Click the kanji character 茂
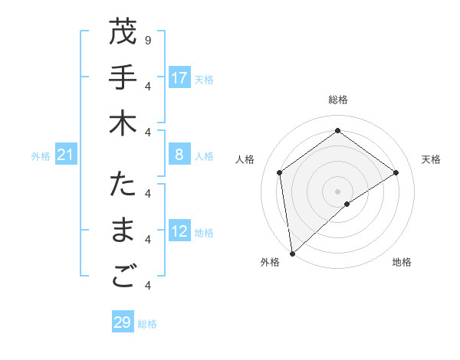(x=123, y=33)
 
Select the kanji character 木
(x=123, y=124)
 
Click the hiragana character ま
(x=123, y=231)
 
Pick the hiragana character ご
(x=123, y=278)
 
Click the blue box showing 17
(x=179, y=78)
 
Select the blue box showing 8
(x=179, y=155)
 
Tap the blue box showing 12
(x=179, y=232)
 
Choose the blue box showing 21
(x=66, y=156)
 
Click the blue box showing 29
(x=122, y=322)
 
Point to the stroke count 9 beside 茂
(x=147, y=40)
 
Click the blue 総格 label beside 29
(x=147, y=324)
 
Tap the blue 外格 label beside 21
(x=41, y=156)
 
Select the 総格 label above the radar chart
(x=337, y=100)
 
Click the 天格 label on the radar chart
(x=432, y=159)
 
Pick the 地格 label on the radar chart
(x=402, y=262)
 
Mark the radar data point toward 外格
(x=292, y=253)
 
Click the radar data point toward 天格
(x=396, y=172)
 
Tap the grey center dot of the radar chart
(x=337, y=191)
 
